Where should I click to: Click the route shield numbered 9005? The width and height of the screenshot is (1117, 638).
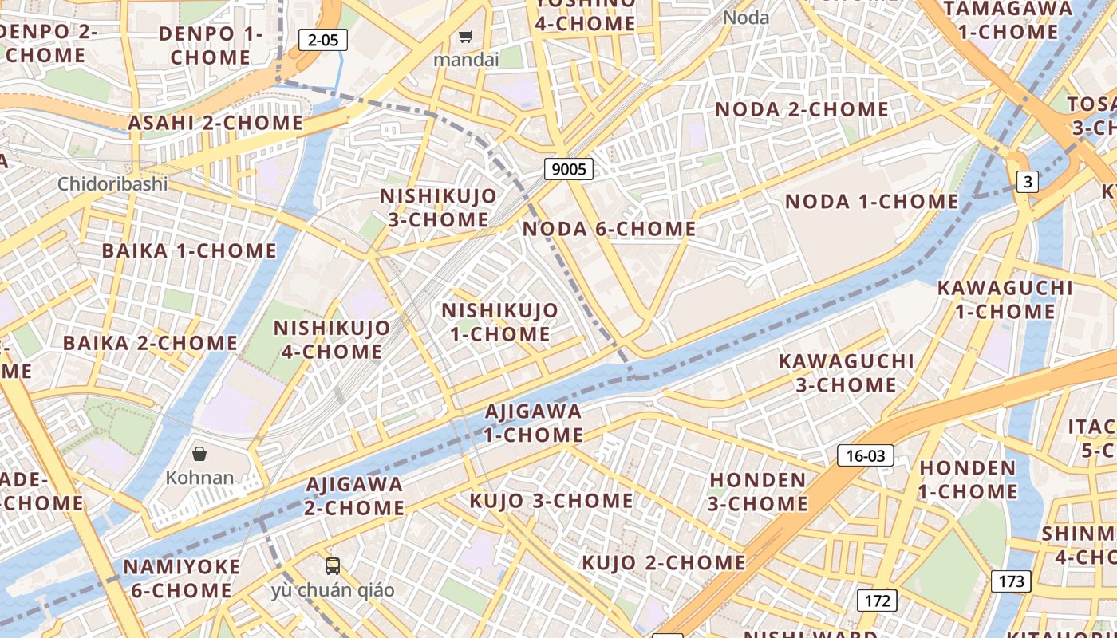point(569,168)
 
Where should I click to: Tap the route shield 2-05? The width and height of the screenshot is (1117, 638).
point(323,40)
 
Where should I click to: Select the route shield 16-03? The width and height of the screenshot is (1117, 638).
point(866,455)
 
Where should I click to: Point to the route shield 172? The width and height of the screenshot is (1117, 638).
point(877,600)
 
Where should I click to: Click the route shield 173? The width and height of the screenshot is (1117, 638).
point(1011,581)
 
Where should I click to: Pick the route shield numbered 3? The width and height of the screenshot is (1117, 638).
point(1028,182)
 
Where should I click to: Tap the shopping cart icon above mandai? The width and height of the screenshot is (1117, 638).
point(466,36)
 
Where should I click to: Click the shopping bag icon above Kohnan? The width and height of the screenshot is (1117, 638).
point(199,454)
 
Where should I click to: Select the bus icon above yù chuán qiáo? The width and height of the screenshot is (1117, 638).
point(333,566)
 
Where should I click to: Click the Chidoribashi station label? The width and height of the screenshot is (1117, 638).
point(112,184)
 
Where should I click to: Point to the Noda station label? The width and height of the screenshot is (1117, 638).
point(746,18)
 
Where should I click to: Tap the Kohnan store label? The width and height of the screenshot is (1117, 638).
point(199,478)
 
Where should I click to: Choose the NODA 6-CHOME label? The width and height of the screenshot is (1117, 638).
point(609,229)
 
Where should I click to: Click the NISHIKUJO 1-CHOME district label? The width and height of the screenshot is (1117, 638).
point(500,321)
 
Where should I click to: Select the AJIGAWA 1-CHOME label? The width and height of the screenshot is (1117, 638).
point(534,423)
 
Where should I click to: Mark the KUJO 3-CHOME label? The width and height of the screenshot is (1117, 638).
point(551,501)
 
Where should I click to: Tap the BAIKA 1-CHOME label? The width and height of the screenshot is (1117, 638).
point(189,250)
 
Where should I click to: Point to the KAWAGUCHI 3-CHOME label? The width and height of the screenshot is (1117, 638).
point(846,372)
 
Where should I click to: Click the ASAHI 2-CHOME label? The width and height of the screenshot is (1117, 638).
point(215,123)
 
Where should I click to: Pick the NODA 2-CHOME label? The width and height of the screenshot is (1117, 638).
point(802,109)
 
